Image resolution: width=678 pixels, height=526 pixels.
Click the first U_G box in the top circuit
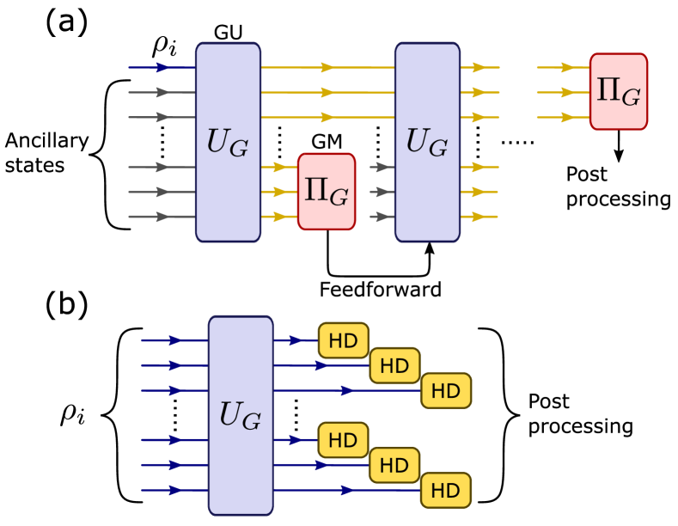(228, 142)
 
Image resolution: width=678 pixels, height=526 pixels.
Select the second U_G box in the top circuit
(427, 142)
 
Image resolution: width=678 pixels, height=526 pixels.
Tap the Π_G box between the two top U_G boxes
(327, 192)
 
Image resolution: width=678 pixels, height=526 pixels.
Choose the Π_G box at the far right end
(618, 92)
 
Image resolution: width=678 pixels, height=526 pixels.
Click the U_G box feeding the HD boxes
(241, 415)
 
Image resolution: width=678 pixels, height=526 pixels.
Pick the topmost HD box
(343, 340)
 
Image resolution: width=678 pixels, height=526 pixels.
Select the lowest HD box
(445, 490)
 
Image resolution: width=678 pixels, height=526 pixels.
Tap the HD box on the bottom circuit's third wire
(445, 390)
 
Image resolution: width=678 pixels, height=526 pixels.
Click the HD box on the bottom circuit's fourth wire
(343, 440)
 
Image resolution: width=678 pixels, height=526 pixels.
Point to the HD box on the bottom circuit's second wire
(394, 365)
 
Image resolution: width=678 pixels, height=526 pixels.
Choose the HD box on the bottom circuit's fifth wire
(394, 465)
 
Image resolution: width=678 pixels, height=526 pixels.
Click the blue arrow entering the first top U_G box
(161, 67)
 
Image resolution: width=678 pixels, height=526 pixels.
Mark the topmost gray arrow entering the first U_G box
(161, 92)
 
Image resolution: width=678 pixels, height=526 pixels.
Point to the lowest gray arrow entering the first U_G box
(161, 217)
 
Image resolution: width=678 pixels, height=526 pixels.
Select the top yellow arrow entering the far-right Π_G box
(566, 67)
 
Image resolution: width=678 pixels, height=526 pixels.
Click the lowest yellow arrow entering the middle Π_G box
(279, 217)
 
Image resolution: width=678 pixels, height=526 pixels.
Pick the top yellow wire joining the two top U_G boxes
(327, 67)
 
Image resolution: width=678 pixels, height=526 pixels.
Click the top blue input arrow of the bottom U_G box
(174, 340)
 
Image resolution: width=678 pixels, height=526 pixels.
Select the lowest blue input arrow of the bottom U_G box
(174, 490)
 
